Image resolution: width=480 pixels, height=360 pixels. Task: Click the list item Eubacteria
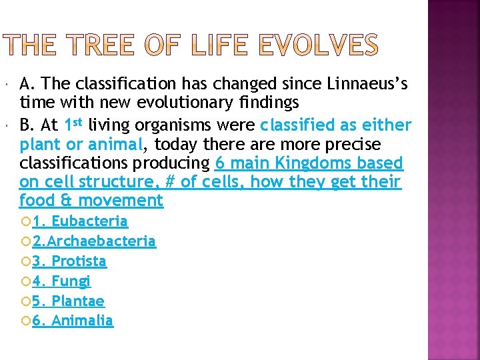pos(89,221)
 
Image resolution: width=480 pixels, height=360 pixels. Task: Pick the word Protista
pos(79,261)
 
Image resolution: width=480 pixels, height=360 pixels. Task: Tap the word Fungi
pos(71,281)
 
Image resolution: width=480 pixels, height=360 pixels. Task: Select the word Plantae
pos(78,301)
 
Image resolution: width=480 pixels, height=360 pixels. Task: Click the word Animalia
pos(82,321)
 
